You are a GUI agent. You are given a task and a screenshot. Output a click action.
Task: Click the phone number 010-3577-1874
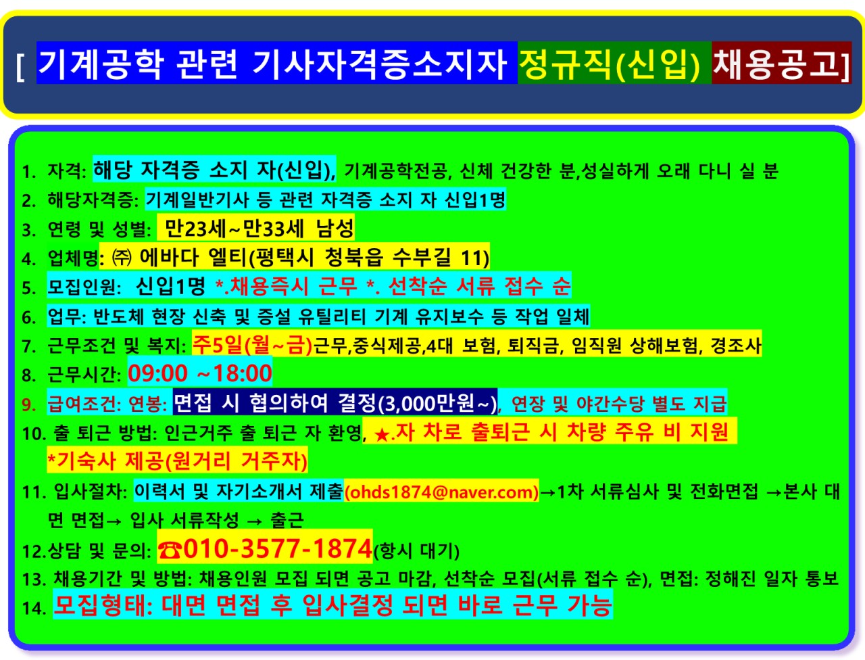(278, 548)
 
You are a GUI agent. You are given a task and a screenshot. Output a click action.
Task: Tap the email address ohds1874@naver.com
(441, 492)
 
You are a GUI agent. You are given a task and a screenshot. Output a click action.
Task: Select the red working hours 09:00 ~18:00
(200, 373)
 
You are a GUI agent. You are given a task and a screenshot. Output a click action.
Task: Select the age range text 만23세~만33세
(234, 229)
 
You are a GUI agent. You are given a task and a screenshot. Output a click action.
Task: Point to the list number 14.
(34, 609)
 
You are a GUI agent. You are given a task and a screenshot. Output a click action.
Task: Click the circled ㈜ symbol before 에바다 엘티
(122, 258)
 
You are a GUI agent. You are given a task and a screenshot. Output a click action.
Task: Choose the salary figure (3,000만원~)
(437, 404)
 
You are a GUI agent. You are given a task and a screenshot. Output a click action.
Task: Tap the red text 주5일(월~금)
(252, 345)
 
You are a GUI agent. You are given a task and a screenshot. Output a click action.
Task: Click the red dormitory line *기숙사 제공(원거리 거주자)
(177, 461)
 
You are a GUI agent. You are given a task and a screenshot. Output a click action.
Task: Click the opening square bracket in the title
(20, 66)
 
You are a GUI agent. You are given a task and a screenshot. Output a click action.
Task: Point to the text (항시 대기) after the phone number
(416, 550)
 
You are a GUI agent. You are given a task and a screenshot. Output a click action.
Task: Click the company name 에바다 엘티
(193, 258)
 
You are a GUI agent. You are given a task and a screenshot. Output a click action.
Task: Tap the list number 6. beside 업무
(29, 317)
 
